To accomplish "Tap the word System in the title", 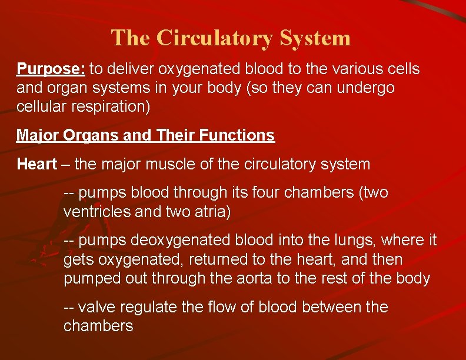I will coord(315,38).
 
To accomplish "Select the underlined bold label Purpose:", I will coord(51,69).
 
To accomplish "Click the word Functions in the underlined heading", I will coord(237,136).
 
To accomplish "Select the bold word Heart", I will coord(37,164).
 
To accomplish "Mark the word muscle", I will coord(169,164).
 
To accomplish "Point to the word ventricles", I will coord(97,212).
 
